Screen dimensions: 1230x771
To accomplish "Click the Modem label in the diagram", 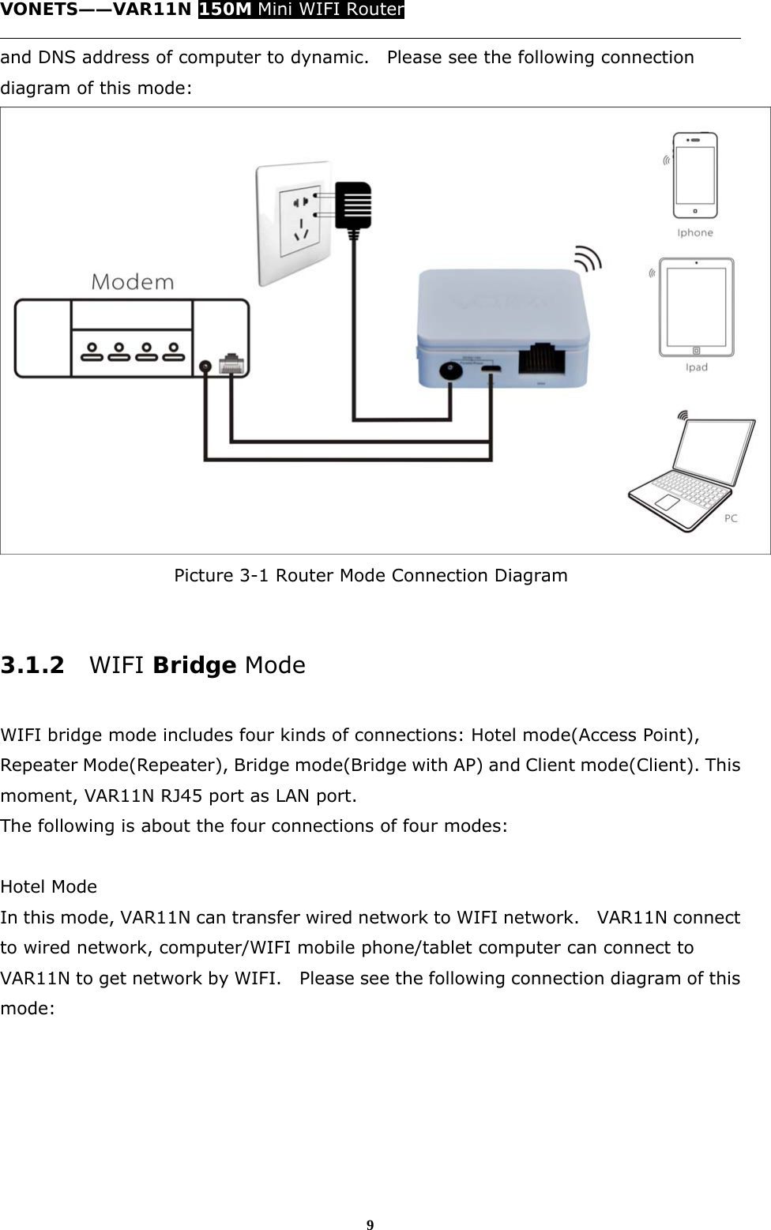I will click(133, 282).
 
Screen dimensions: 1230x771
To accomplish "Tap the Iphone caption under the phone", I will click(695, 233).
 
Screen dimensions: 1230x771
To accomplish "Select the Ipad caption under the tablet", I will click(696, 367).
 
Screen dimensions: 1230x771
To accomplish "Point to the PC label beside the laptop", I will click(731, 518).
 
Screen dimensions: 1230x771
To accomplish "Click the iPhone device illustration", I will click(695, 175).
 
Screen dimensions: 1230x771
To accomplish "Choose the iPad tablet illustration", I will click(696, 307).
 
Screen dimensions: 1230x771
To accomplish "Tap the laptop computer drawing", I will click(691, 474).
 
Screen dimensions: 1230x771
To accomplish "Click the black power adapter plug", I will click(353, 207).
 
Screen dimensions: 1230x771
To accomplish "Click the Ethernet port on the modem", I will click(232, 364).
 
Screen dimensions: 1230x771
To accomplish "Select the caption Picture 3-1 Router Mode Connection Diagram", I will click(370, 575).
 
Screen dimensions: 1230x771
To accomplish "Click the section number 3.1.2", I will click(32, 665).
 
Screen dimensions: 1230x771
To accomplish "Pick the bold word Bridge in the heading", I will click(194, 665).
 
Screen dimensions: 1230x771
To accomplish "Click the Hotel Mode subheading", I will click(49, 886).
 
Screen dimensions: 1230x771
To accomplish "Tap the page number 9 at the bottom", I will click(370, 1225).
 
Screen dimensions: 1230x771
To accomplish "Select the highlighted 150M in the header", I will click(225, 9).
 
